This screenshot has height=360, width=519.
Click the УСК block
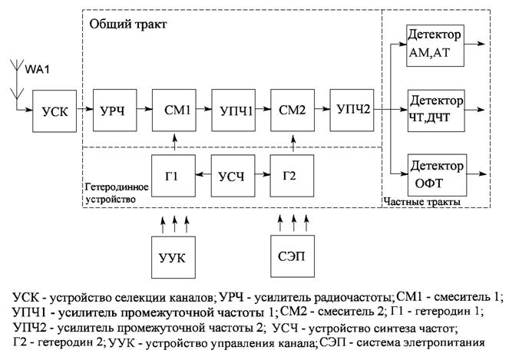tap(55, 111)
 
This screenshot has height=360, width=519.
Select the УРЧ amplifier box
tap(115, 111)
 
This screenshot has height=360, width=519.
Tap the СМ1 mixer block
tap(174, 111)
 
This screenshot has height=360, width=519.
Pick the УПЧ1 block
tap(233, 111)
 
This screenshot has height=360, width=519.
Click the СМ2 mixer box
tap(293, 111)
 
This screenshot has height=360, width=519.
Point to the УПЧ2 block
tap(352, 111)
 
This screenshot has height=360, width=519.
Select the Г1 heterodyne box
tap(174, 176)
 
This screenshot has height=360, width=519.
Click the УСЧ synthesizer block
tap(233, 176)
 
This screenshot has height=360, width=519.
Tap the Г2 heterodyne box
tap(293, 176)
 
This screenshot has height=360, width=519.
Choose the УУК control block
tap(174, 257)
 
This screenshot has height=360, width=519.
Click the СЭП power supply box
tap(293, 256)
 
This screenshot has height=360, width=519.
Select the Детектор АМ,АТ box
tap(435, 45)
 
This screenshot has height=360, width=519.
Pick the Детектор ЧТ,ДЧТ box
tap(436, 111)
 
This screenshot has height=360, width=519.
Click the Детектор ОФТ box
tap(437, 175)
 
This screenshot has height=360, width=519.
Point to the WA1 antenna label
tap(37, 70)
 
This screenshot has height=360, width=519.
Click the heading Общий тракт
tap(128, 24)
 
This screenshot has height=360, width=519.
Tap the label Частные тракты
tap(421, 202)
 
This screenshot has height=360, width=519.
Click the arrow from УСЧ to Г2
tap(263, 173)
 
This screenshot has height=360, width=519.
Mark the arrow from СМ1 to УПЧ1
tap(203, 108)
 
